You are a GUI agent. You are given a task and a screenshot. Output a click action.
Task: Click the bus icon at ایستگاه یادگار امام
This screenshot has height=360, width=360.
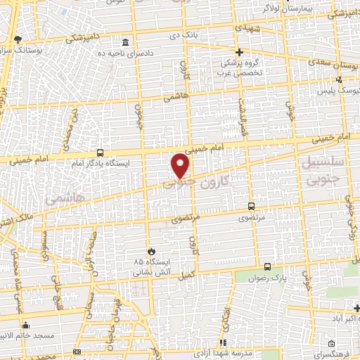point(100,153)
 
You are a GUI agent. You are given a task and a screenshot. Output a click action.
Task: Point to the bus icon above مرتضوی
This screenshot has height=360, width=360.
point(252,207)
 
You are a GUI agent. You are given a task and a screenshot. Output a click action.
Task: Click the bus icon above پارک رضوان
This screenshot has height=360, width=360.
point(267,266)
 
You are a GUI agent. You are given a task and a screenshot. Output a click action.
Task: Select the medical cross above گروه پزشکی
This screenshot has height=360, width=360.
point(239,52)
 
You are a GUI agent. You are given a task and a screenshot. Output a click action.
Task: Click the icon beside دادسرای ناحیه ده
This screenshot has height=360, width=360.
point(125,41)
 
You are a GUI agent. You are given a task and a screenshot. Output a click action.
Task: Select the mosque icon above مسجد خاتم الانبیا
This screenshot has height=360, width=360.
point(26,325)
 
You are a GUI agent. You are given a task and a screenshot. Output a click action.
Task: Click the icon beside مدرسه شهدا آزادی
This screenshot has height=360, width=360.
point(223,342)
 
